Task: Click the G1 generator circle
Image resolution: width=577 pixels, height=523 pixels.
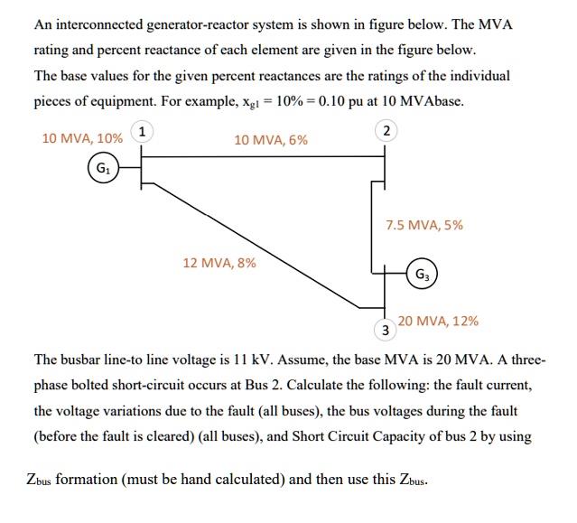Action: (x=102, y=168)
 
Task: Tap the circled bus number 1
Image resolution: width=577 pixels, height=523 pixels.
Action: (x=141, y=132)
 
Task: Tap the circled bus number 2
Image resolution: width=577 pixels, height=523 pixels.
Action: (x=386, y=132)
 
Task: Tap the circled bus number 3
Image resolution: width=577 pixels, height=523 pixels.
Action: (x=385, y=329)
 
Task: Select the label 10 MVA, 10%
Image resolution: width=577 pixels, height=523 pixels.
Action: (x=82, y=139)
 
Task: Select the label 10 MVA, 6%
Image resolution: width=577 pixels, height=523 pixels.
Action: (x=270, y=140)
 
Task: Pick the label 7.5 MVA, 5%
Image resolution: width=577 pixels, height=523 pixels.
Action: (x=423, y=225)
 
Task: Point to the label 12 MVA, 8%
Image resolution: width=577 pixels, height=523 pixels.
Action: (x=219, y=263)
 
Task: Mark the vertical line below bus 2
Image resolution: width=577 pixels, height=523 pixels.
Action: (x=372, y=226)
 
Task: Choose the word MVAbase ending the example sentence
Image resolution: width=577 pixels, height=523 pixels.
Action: (x=431, y=101)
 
